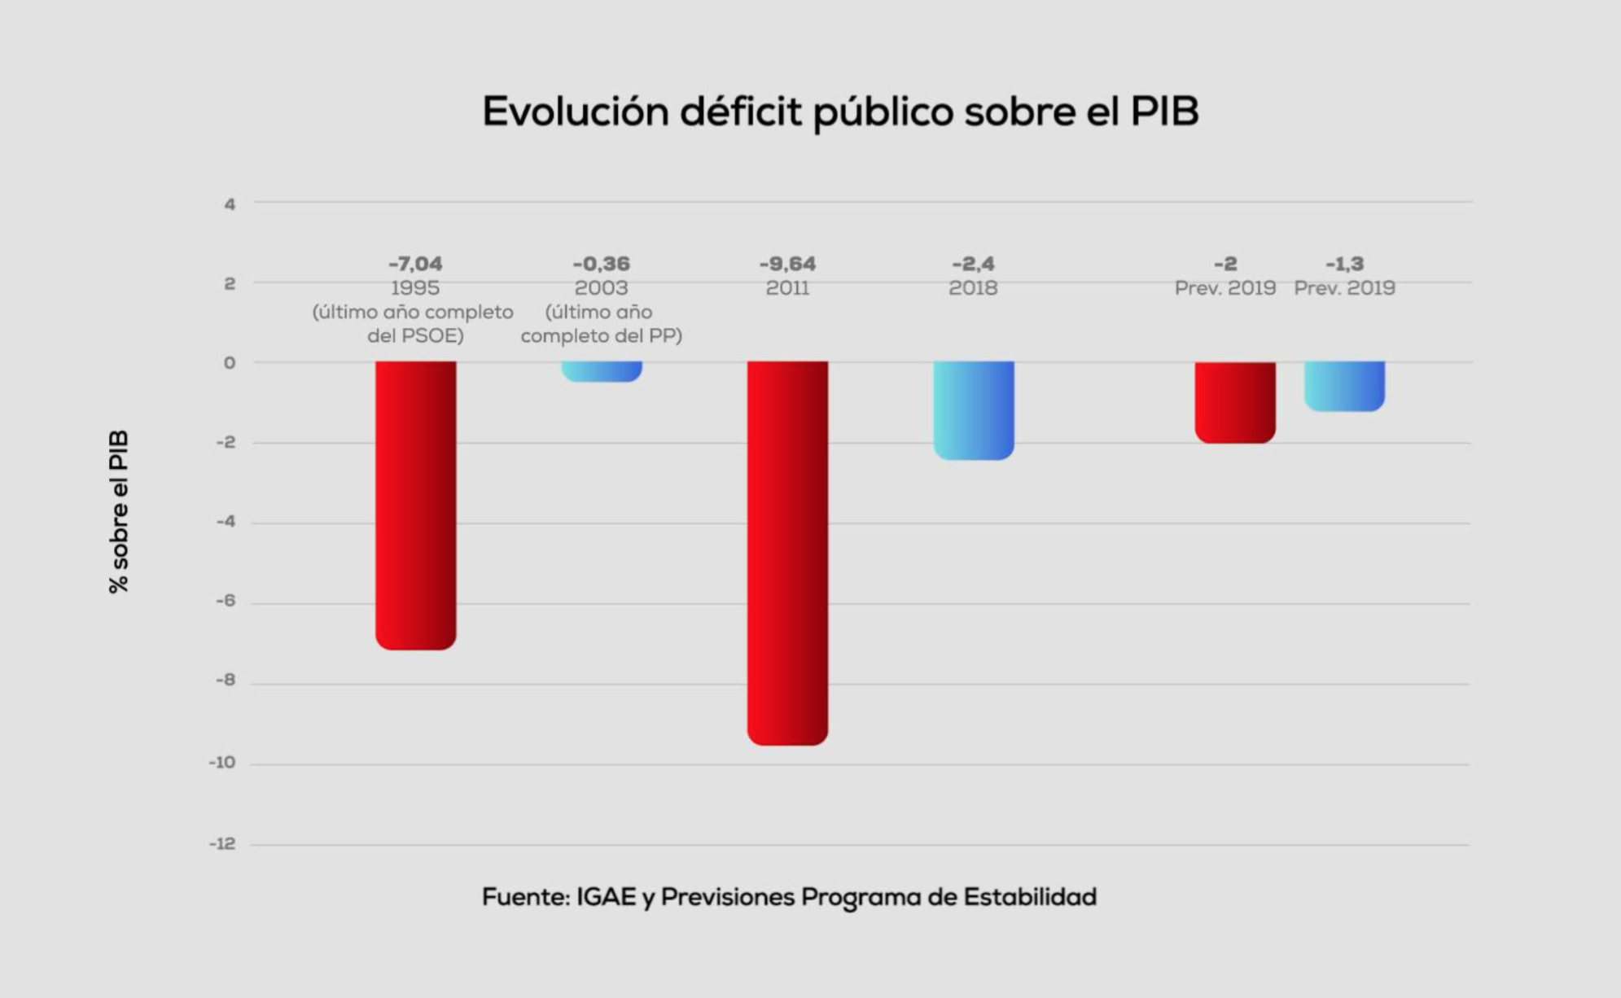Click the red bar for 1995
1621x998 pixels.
415,505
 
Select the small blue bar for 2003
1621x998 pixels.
602,371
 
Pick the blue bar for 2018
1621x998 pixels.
974,410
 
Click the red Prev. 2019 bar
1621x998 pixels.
1235,402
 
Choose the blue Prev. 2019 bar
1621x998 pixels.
1344,386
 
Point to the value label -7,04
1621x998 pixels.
415,264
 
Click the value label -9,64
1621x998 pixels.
787,264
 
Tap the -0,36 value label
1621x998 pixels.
602,264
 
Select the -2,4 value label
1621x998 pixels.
974,264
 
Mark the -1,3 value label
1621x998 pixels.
1344,264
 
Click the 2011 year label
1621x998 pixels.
787,288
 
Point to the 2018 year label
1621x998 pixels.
973,288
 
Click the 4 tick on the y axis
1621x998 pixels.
230,204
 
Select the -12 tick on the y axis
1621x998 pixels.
222,844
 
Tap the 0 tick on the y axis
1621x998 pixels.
230,363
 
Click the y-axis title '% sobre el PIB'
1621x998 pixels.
119,511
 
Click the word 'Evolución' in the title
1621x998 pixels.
576,112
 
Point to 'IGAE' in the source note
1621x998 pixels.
606,897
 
